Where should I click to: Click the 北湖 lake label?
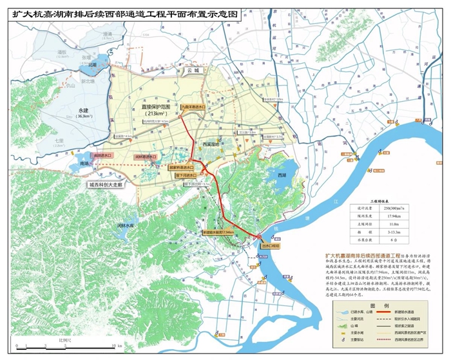pos(93,65)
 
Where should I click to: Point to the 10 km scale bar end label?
pos(84,345)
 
